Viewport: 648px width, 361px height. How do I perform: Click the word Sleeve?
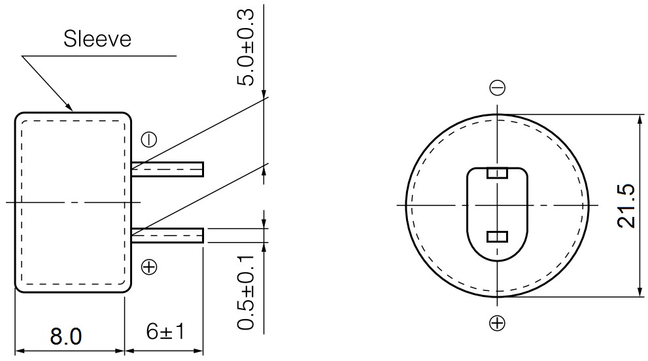click(x=97, y=39)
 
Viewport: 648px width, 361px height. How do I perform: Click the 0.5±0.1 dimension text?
click(x=245, y=292)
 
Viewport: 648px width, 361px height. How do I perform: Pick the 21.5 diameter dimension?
click(x=626, y=206)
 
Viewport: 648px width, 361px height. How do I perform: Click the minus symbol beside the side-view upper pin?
click(x=149, y=140)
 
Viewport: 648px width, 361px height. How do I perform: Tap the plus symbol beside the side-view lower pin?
click(x=149, y=267)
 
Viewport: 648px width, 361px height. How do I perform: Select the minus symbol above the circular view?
click(x=497, y=88)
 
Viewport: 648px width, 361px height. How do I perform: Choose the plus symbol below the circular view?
click(x=497, y=323)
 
